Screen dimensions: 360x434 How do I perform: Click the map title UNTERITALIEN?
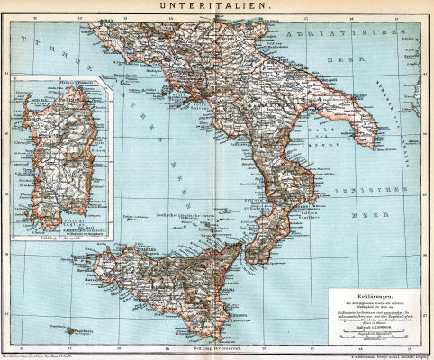[x=216, y=6]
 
